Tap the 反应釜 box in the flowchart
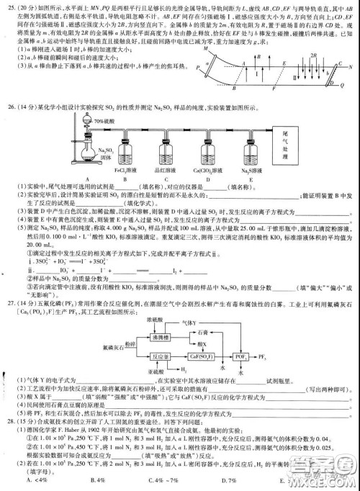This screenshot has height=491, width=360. (x=163, y=354)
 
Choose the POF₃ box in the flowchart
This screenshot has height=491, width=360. (x=244, y=354)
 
